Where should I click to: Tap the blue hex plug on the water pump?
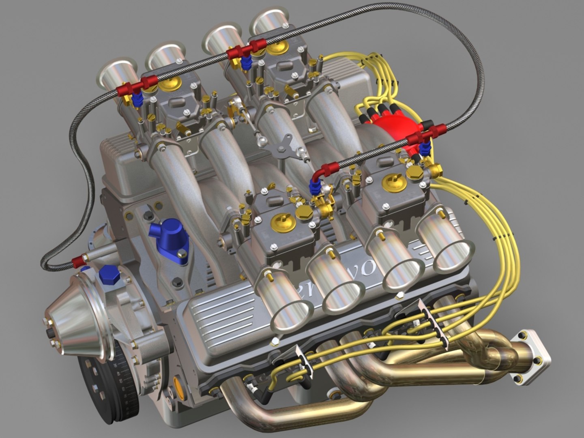pos(110,275)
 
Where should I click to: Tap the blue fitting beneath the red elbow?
pos(315,186)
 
